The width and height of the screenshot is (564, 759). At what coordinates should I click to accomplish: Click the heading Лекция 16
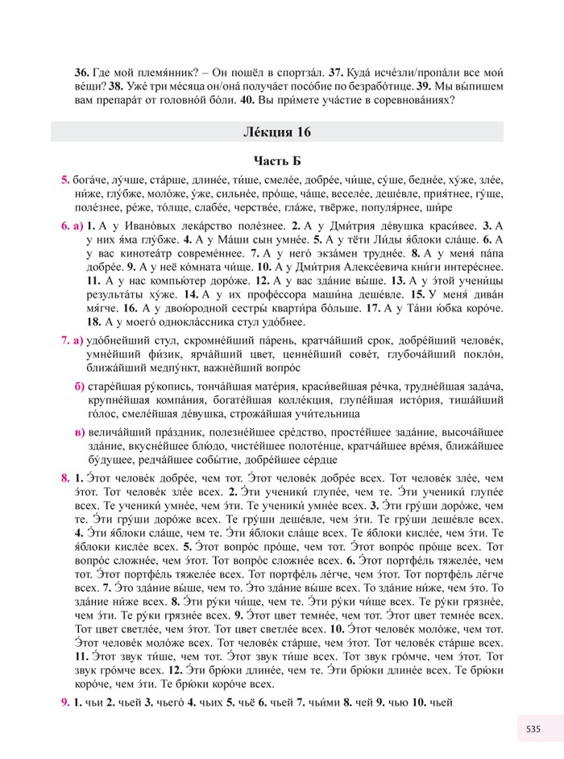[277, 131]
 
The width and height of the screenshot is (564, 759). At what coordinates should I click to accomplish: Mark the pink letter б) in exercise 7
[79, 388]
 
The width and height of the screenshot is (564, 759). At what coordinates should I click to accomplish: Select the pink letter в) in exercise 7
[79, 432]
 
